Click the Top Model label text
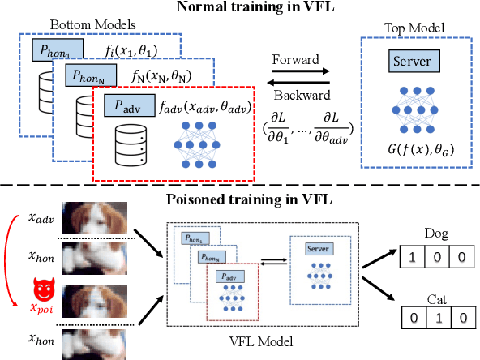click(414, 27)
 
